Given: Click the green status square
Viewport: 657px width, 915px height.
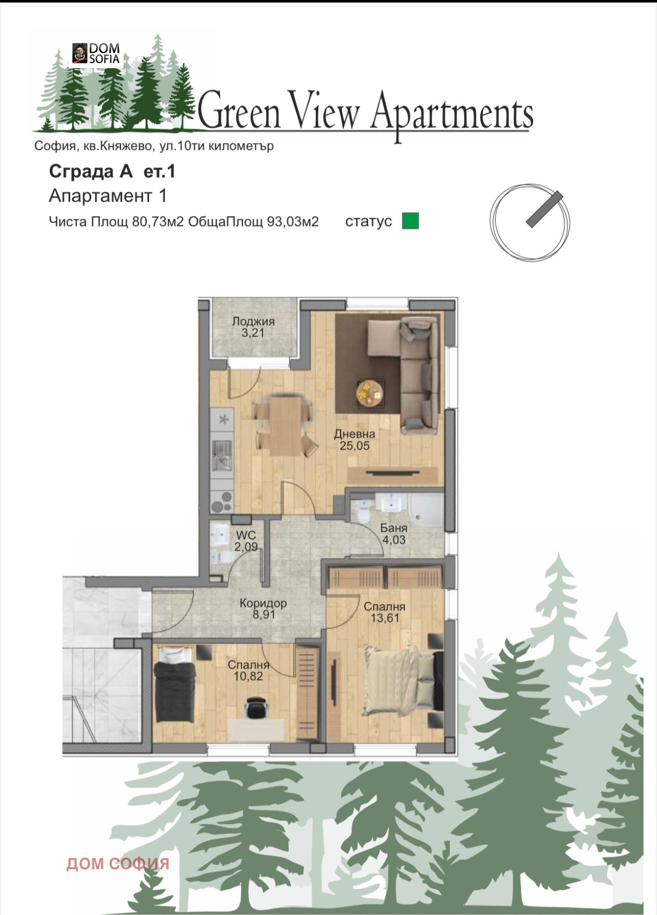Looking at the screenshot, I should [410, 221].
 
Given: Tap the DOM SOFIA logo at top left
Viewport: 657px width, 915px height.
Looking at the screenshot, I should [96, 53].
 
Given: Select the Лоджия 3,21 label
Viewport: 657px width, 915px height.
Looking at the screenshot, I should [253, 327].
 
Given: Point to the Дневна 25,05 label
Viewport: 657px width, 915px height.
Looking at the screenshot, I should [354, 440].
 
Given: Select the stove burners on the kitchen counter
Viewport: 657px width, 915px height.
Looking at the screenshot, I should [222, 501].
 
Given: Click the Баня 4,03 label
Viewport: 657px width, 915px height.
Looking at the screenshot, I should [394, 534].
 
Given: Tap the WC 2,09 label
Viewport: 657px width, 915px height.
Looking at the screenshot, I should [246, 541].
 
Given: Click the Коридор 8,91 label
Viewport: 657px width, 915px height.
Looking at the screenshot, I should [263, 608].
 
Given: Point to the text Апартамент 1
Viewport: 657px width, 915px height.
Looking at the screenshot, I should [108, 196].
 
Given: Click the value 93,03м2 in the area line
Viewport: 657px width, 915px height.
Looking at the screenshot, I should [293, 222].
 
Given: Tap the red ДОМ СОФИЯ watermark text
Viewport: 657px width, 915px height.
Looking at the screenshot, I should [118, 863].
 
